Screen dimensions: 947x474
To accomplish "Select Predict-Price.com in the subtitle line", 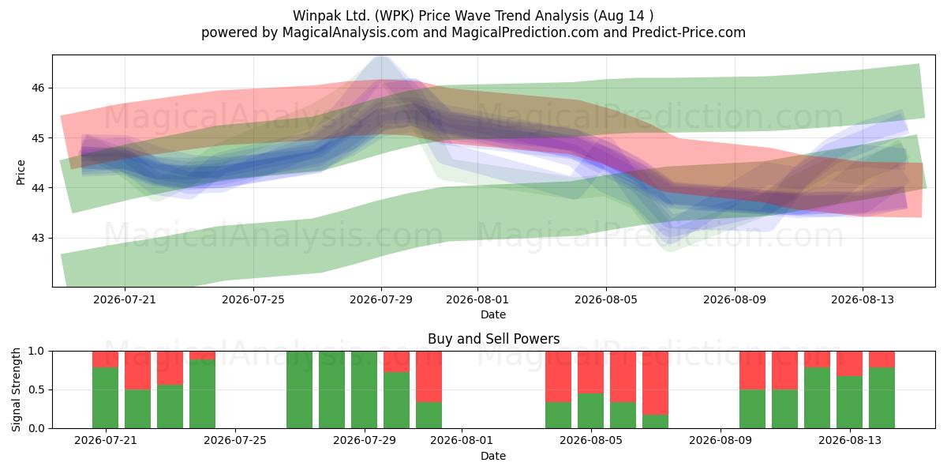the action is tap(689, 32).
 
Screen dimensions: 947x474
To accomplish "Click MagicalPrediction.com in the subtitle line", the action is tap(525, 32).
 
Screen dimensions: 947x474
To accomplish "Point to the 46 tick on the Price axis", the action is tap(38, 88).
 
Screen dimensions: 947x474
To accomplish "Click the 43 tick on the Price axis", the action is tap(38, 238).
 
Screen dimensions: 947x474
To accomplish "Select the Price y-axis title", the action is tap(21, 172).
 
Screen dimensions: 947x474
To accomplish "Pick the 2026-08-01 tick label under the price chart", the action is tap(477, 299).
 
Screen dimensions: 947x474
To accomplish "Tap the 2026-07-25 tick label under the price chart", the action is tap(253, 299).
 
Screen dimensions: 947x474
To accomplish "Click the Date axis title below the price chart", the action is tap(493, 314).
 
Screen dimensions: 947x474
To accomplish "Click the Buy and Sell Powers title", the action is tap(493, 339).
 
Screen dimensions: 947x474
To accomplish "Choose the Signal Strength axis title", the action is tap(16, 389).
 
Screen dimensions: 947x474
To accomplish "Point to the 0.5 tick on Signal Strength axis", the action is tap(36, 389).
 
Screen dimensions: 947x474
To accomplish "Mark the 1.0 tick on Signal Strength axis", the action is tap(36, 352).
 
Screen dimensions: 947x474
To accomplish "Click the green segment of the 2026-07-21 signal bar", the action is tap(105, 398).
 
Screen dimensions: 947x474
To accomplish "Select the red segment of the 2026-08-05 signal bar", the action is tap(590, 372).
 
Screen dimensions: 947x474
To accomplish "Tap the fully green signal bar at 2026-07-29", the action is tap(364, 389).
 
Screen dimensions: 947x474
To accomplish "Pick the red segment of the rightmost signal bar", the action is tap(882, 359).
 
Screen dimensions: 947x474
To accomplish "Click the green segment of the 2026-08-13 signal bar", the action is tap(849, 402).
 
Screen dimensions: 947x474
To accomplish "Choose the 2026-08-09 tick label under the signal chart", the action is tap(721, 441).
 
